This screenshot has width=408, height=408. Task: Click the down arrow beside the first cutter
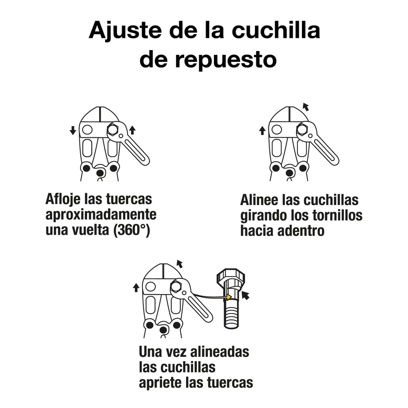click(73, 131)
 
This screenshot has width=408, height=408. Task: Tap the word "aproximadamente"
click(101, 215)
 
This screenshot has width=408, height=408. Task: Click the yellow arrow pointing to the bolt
click(212, 296)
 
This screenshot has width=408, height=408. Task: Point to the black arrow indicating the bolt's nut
click(246, 295)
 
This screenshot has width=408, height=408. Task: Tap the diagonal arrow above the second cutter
click(305, 107)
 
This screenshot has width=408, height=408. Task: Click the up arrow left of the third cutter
click(136, 288)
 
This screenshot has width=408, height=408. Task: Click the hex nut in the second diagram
click(302, 130)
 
